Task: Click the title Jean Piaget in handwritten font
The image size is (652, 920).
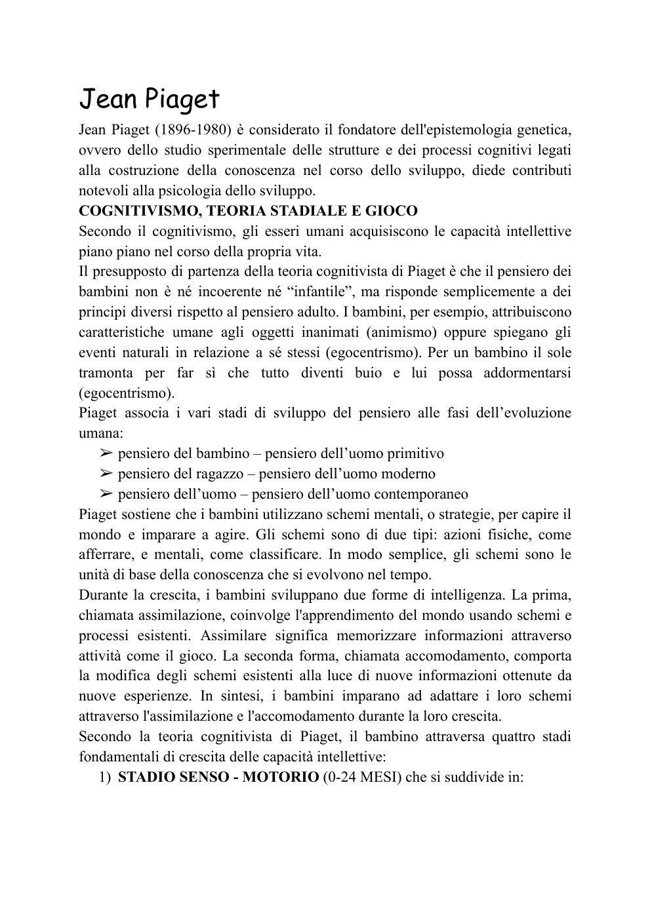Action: pos(149,100)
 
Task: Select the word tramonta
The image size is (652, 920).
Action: pos(108,373)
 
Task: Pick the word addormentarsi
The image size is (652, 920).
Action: pos(527,373)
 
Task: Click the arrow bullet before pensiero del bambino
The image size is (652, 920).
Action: pos(107,453)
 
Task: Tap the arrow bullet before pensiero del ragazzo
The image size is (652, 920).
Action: pos(107,474)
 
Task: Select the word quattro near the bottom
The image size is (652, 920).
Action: pos(512,737)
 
